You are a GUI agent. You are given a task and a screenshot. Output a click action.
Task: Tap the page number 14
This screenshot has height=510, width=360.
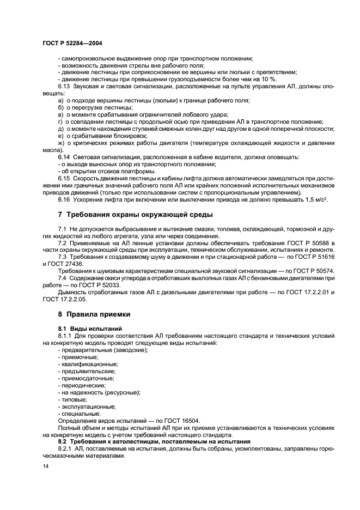46,467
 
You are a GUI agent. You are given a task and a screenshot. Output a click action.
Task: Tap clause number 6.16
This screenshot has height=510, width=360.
64,199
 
